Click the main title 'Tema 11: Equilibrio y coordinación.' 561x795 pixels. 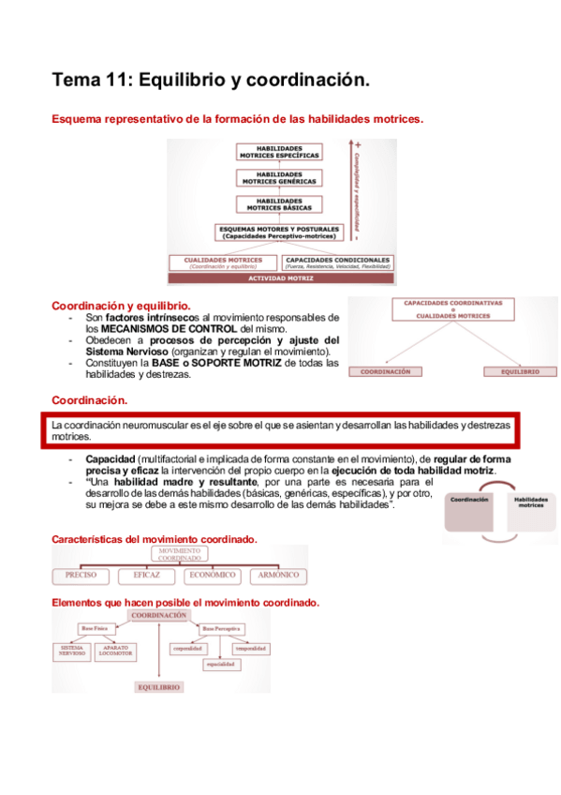[211, 82]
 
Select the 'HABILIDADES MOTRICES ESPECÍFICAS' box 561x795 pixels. [279, 153]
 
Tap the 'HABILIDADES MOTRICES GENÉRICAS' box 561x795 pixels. [279, 177]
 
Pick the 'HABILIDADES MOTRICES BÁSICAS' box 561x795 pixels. [279, 202]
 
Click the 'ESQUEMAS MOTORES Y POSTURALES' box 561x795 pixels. [279, 232]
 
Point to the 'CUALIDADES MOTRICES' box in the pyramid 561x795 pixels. [223, 262]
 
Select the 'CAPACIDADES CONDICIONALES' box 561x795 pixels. [337, 262]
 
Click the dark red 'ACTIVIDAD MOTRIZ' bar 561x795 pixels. [279, 278]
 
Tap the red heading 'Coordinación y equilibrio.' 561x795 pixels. [121, 306]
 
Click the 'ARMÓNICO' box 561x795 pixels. [278, 575]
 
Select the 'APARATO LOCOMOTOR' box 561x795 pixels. [116, 650]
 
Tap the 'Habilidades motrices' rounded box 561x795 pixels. [531, 503]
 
